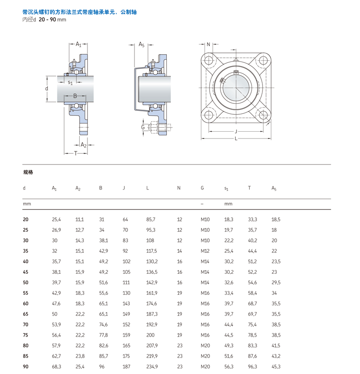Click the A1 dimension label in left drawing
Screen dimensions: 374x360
coord(78,44)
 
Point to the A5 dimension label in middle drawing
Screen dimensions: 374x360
coord(141,45)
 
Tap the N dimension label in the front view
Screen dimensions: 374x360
coord(208,45)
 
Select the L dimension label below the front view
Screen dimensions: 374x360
coord(236,138)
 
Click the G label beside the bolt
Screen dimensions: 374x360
coord(143,128)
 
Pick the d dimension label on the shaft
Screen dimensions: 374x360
coord(46,88)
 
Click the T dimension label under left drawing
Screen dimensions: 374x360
coord(76,153)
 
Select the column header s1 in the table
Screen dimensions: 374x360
coord(226,188)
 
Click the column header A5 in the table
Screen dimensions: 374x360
coord(274,188)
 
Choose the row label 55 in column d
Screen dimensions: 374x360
coord(26,293)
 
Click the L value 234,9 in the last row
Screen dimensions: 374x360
coord(151,367)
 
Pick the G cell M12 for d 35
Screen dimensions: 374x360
coord(205,251)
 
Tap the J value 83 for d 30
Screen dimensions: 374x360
coord(125,241)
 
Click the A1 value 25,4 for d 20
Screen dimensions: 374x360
coord(57,220)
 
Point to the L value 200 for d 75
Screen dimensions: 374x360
coord(150,335)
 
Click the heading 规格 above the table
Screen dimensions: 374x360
coord(28,173)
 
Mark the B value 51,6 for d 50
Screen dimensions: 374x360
coord(103,282)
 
